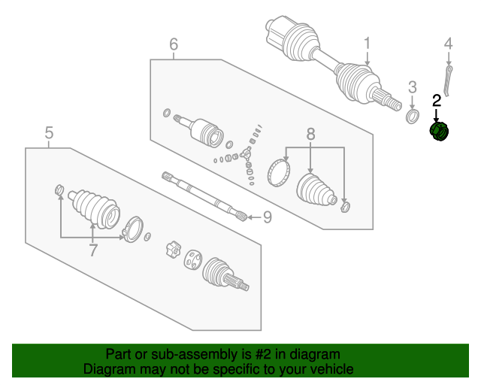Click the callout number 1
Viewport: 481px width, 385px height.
[368, 44]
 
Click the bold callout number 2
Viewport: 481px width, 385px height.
[437, 100]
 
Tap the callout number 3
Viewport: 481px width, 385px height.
[413, 88]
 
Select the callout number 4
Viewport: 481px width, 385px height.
[449, 44]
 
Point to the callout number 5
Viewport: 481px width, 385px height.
[49, 133]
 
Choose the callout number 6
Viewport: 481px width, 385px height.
[174, 45]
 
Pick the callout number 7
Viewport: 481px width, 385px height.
[93, 250]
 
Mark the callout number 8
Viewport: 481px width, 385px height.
[310, 135]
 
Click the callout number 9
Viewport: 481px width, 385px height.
[266, 218]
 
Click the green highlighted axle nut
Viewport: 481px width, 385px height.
[439, 132]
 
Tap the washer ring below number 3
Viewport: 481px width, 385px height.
[413, 117]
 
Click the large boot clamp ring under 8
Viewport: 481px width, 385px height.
[280, 170]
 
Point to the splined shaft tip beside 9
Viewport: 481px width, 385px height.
[240, 217]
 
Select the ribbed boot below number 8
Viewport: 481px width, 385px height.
[316, 189]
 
